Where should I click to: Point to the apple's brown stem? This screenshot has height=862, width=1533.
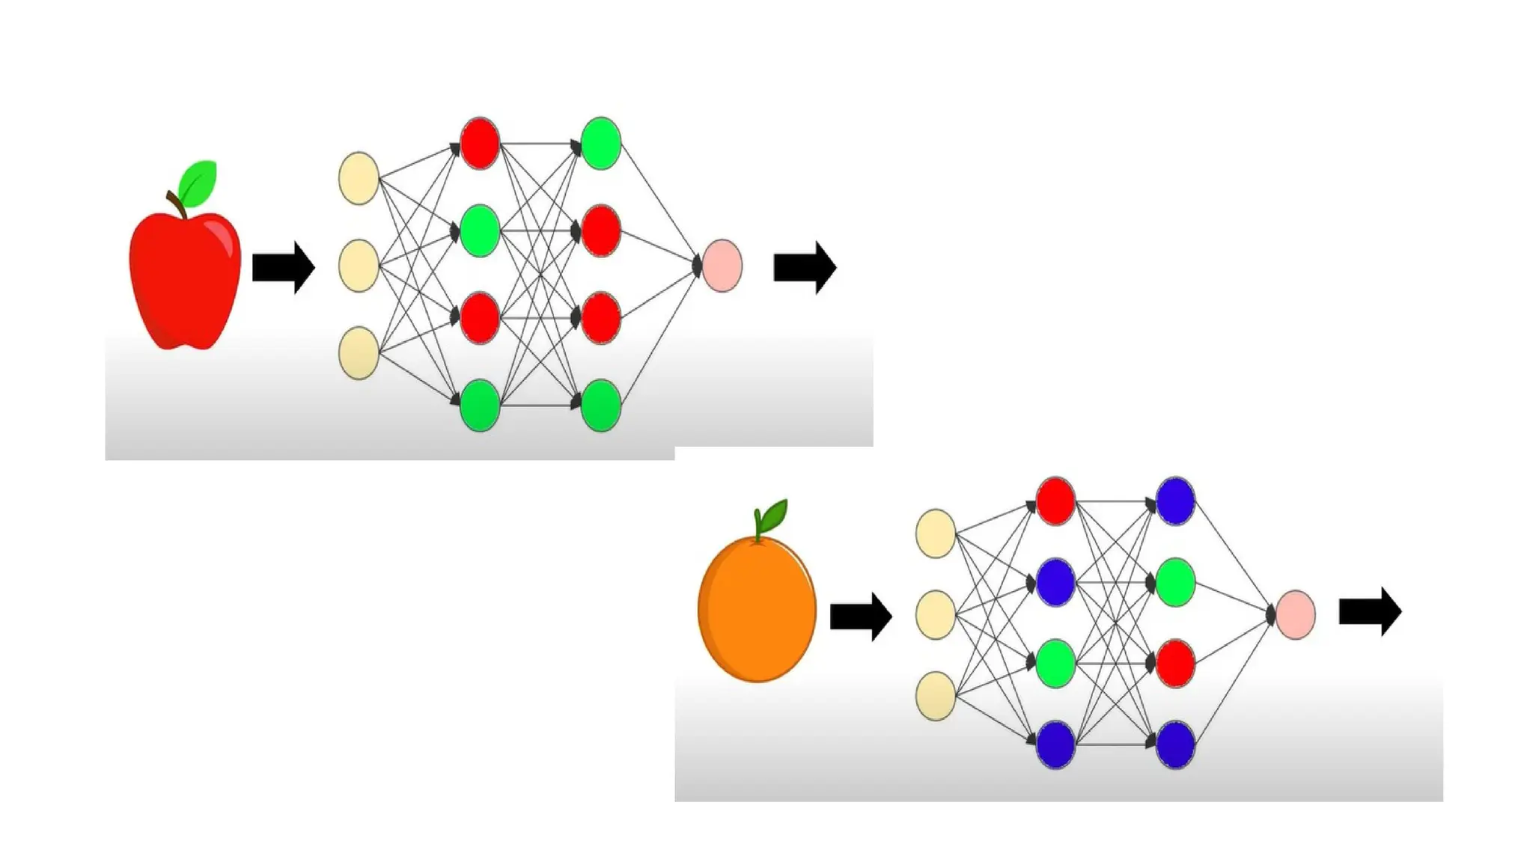[x=177, y=204]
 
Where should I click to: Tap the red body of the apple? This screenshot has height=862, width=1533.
[x=184, y=284]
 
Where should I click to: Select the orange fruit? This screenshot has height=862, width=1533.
[x=757, y=610]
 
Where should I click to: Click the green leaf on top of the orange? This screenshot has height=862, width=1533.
[x=773, y=514]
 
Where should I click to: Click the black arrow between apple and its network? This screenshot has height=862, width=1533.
[x=283, y=267]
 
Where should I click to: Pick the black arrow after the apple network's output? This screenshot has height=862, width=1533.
[x=804, y=267]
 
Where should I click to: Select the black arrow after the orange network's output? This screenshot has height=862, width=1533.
[x=1370, y=611]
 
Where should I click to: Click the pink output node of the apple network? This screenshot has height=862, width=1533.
[x=722, y=266]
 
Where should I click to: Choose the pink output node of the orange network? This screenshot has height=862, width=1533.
[x=1295, y=614]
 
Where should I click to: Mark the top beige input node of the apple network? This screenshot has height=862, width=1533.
[x=359, y=178]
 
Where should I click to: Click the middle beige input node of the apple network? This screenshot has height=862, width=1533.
[x=359, y=266]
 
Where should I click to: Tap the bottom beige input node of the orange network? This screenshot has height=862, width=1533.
[x=936, y=696]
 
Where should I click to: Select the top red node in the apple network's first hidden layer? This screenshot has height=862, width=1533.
[x=480, y=143]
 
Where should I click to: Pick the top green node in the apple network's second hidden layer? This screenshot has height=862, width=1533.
[x=601, y=143]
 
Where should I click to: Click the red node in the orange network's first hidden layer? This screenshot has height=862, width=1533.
[x=1055, y=501]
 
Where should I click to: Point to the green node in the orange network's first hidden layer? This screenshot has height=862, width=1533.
[x=1055, y=664]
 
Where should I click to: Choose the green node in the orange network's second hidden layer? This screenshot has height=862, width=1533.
[x=1175, y=582]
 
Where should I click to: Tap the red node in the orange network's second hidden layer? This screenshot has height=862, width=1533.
[x=1175, y=664]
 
